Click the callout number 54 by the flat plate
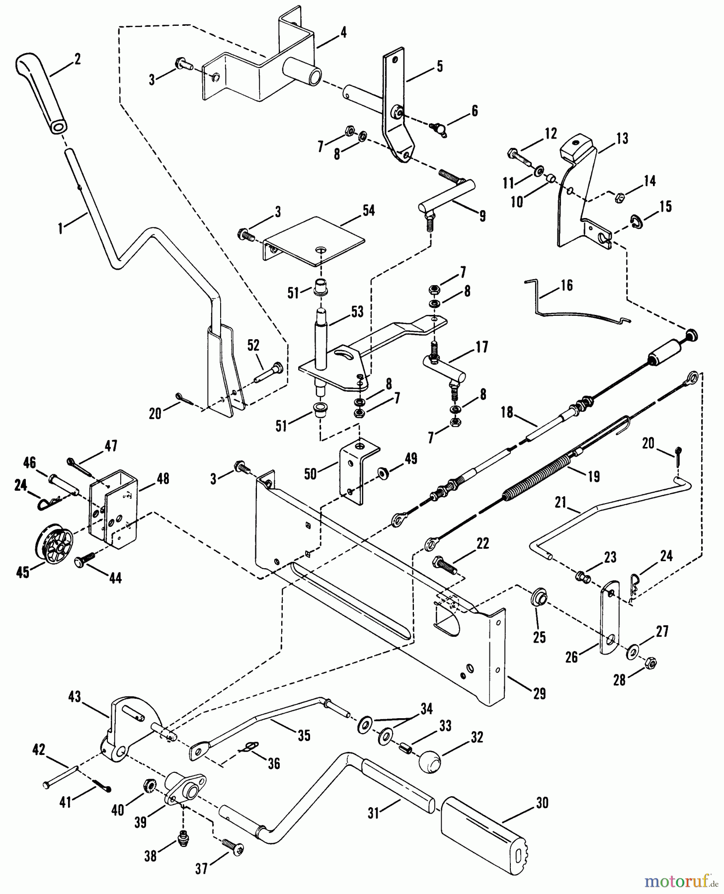point(368,211)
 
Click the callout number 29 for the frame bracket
point(539,693)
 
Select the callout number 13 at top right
point(622,138)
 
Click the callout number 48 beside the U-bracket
point(162,479)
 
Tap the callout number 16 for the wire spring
point(566,285)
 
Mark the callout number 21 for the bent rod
point(561,503)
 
